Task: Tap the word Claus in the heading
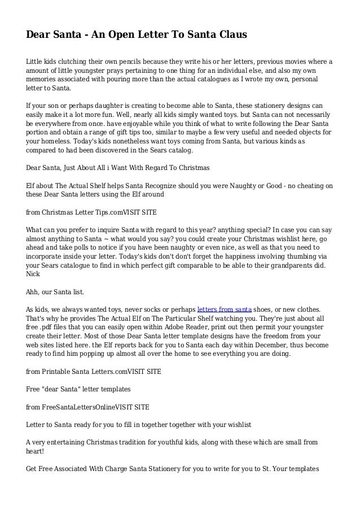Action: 230,35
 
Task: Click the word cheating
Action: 308,185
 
